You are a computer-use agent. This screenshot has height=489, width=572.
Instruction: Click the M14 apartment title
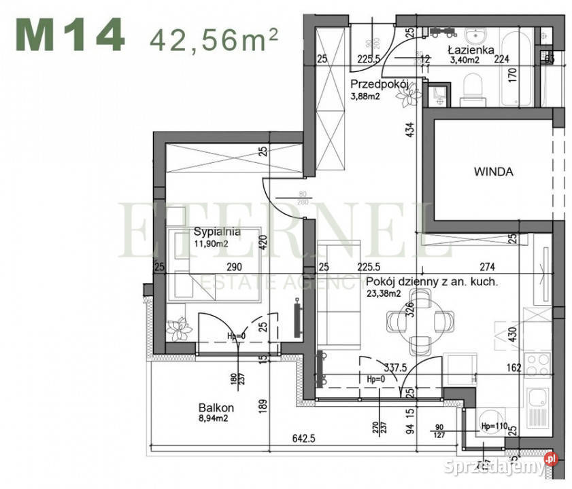[x=69, y=36]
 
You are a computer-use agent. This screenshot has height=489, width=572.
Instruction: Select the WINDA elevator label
[x=493, y=172]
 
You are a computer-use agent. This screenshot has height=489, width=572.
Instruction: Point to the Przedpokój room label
[x=378, y=84]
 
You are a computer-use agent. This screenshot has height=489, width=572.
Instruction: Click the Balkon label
[x=216, y=408]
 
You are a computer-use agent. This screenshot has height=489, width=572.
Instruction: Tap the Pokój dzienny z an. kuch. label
[x=432, y=282]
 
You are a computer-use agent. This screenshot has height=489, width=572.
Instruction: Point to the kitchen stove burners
[x=538, y=365]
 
